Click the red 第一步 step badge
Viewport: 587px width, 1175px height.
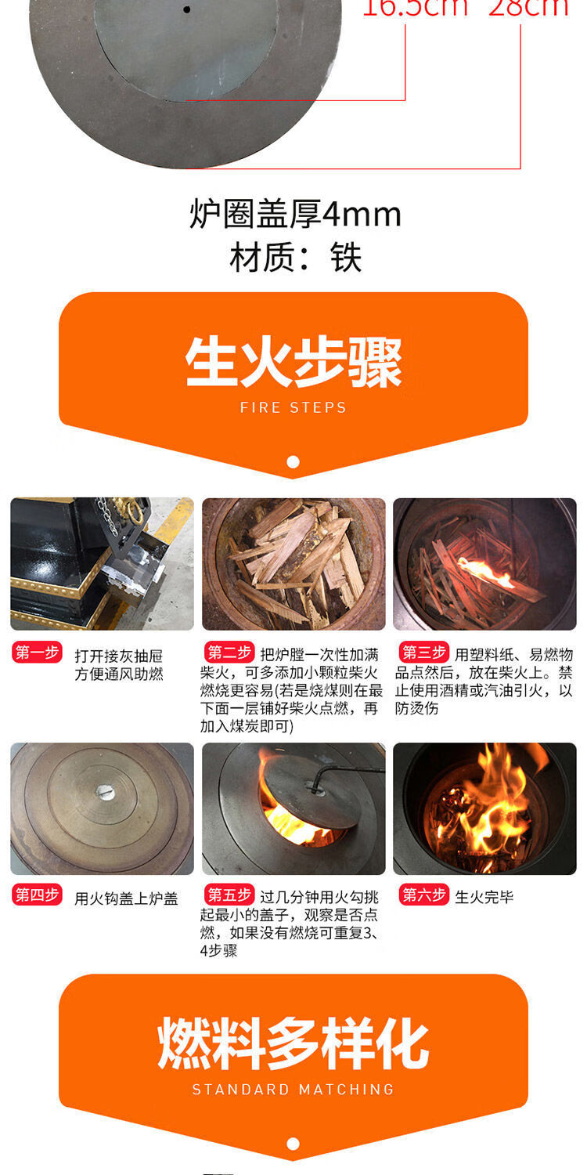(36, 653)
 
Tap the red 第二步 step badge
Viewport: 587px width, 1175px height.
(229, 653)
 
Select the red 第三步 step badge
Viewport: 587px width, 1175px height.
(423, 653)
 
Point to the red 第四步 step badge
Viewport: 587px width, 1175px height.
(36, 895)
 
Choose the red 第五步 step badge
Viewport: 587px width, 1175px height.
(229, 895)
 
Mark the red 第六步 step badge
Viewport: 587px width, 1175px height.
(423, 895)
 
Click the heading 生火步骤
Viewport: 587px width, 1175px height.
(293, 363)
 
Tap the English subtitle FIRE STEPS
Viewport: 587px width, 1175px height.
(293, 407)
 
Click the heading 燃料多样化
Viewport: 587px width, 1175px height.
(293, 1044)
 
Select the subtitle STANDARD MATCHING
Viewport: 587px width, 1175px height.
(293, 1090)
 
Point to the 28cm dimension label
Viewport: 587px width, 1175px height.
(528, 8)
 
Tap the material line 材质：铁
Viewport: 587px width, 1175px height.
(295, 257)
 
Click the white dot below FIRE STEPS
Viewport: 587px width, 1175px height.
(293, 462)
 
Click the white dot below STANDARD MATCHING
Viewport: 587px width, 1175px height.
(293, 1144)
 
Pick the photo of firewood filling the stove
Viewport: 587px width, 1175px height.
(293, 564)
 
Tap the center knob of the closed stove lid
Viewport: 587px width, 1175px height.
(105, 793)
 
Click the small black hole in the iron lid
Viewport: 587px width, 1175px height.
(186, 9)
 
